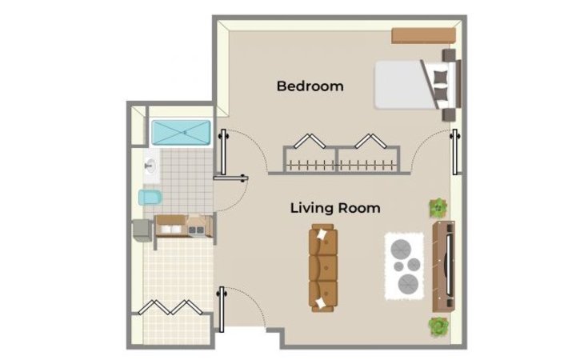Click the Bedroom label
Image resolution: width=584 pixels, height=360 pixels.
pos(310,86)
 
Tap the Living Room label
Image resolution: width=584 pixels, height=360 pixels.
pos(335,208)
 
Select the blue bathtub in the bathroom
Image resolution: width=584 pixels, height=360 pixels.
pos(181,132)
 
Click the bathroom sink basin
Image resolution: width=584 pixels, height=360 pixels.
pos(150,166)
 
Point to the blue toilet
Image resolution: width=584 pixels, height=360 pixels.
pos(150,198)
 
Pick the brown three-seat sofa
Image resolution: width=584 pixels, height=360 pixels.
pos(323,268)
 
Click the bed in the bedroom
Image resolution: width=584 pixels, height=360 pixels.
pos(418,85)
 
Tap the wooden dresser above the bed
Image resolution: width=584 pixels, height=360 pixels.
pos(423,36)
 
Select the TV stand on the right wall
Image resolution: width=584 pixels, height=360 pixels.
pos(443,266)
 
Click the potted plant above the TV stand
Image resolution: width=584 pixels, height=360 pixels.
pos(438,208)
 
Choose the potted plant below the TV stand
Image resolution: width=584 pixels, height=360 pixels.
pos(438,327)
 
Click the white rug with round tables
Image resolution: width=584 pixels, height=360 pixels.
pos(404,266)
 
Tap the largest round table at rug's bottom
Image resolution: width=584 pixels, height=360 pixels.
pos(408,284)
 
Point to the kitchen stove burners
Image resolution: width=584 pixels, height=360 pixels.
pos(196,230)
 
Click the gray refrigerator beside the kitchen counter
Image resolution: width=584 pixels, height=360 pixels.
pos(142,230)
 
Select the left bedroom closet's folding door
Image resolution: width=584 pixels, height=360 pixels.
pos(310,141)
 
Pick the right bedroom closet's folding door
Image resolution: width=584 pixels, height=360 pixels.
pos(371,141)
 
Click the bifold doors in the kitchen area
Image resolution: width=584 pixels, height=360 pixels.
pos(170,307)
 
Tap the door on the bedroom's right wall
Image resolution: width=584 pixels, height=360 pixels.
pos(454,152)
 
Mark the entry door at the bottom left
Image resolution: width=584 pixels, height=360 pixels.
pos(222,310)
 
